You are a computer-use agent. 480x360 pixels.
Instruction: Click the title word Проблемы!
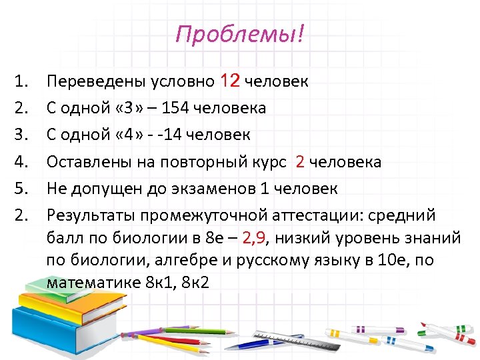tap(239, 34)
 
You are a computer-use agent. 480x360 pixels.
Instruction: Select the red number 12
tap(229, 81)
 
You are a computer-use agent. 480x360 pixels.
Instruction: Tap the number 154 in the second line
tap(179, 108)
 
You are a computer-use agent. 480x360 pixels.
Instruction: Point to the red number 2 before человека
tap(300, 162)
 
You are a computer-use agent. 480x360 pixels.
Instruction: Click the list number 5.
tap(20, 189)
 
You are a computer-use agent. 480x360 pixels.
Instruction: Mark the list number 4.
tap(20, 162)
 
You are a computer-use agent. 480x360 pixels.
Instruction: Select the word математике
tap(93, 282)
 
